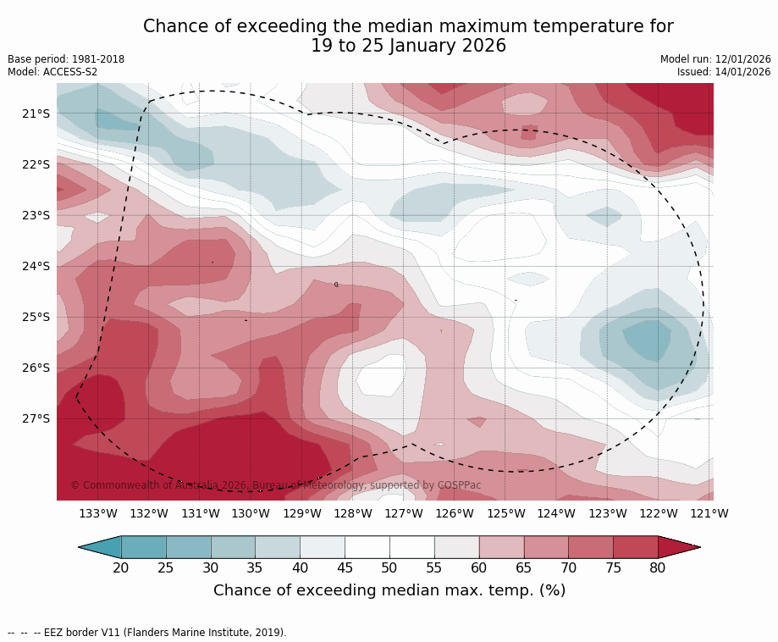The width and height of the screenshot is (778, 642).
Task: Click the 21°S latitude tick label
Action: pos(36,113)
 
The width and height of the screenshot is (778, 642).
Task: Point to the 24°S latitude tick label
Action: pos(36,266)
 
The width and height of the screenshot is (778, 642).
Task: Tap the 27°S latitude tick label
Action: pos(36,418)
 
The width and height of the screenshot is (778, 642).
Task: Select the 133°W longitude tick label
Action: pos(98,513)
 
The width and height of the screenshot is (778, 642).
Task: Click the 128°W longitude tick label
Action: pos(353,513)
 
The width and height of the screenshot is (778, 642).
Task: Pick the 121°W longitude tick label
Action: pos(709,513)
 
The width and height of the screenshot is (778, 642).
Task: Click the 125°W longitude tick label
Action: pos(505,513)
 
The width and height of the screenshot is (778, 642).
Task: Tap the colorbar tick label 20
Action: pos(121,567)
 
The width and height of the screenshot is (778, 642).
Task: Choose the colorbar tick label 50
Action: pos(389,567)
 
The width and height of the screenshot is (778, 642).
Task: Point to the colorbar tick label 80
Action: pos(658,567)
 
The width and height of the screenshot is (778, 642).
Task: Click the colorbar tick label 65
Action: pos(524,567)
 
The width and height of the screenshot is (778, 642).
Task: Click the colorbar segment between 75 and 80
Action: pos(636,547)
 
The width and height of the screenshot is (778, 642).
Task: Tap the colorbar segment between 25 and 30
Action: pos(189,547)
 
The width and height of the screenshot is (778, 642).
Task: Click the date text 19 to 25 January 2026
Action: pos(408,47)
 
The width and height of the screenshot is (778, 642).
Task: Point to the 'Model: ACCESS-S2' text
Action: pos(52,72)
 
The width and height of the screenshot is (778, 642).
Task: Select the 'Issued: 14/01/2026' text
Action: pos(724,72)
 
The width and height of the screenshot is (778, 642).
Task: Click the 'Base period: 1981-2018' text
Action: pos(66,59)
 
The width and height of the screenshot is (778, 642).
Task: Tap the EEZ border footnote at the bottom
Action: pos(147,632)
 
